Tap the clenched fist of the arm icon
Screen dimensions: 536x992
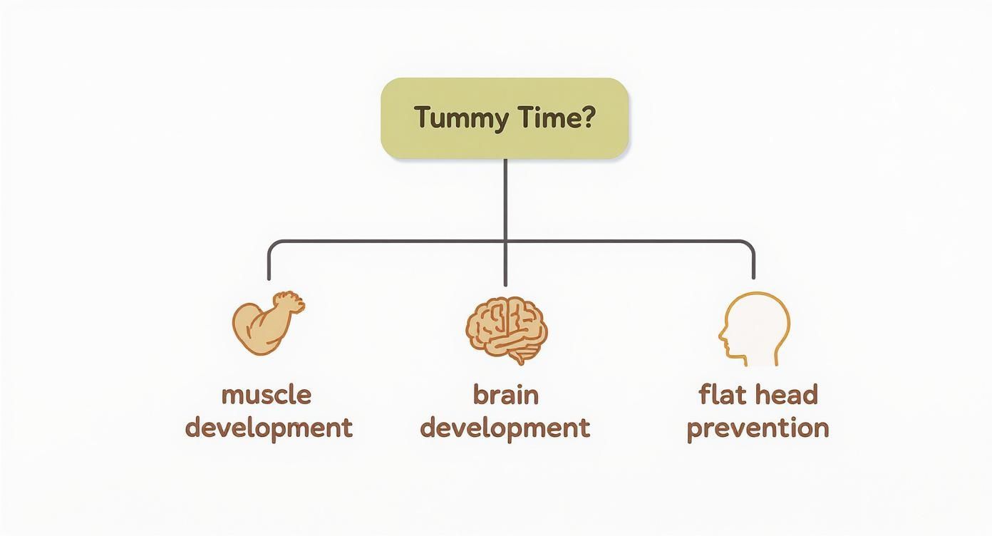pos(290,303)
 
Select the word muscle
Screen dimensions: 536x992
pos(267,395)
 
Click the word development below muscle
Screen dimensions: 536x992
pos(269,428)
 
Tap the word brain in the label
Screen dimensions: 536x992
pos(505,395)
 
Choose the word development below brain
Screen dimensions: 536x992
pos(505,428)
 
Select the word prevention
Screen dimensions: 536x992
pos(758,428)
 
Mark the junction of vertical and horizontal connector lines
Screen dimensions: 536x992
pos(505,242)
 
